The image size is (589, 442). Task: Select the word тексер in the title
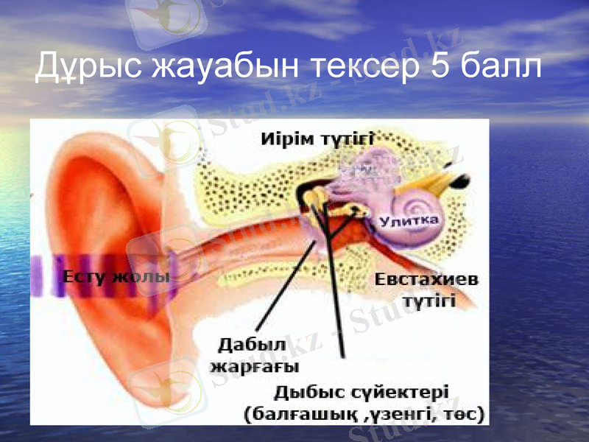[x=362, y=67]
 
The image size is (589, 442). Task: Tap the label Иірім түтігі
[x=317, y=138]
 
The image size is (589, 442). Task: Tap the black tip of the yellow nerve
[x=460, y=179]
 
